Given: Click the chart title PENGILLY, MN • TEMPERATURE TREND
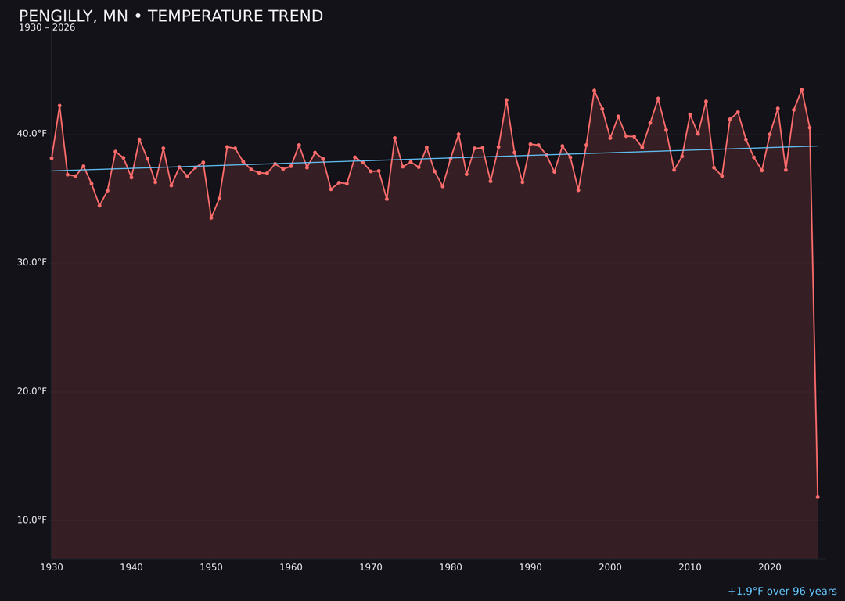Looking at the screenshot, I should pos(171,16).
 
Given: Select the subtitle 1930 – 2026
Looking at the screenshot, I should pos(47,28).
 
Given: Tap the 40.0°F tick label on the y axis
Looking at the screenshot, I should pos(32,134).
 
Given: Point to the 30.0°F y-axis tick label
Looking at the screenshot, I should pos(32,262).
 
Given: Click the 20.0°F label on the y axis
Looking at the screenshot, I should pos(32,391).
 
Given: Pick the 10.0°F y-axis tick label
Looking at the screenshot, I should pos(32,520).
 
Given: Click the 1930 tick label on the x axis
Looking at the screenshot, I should pos(52,567).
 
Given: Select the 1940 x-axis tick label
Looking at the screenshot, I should pos(131,567).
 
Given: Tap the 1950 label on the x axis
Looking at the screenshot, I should pos(211,567).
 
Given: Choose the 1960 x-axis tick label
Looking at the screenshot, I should pos(291,567).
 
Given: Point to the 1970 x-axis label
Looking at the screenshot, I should pos(371,567).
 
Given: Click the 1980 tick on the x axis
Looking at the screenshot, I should pos(451,567).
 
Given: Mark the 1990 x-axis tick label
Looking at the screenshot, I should pos(530,567).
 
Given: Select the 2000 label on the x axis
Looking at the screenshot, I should pos(610,567).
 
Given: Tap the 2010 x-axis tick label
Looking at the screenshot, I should pos(690,567).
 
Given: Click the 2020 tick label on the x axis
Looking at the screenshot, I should pos(770,567).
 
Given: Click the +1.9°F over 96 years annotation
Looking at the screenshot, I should pos(782,592).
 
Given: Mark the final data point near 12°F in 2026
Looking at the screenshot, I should pos(818,497).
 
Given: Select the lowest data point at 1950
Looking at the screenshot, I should pos(211,218).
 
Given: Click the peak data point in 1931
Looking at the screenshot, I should pos(59,106).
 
